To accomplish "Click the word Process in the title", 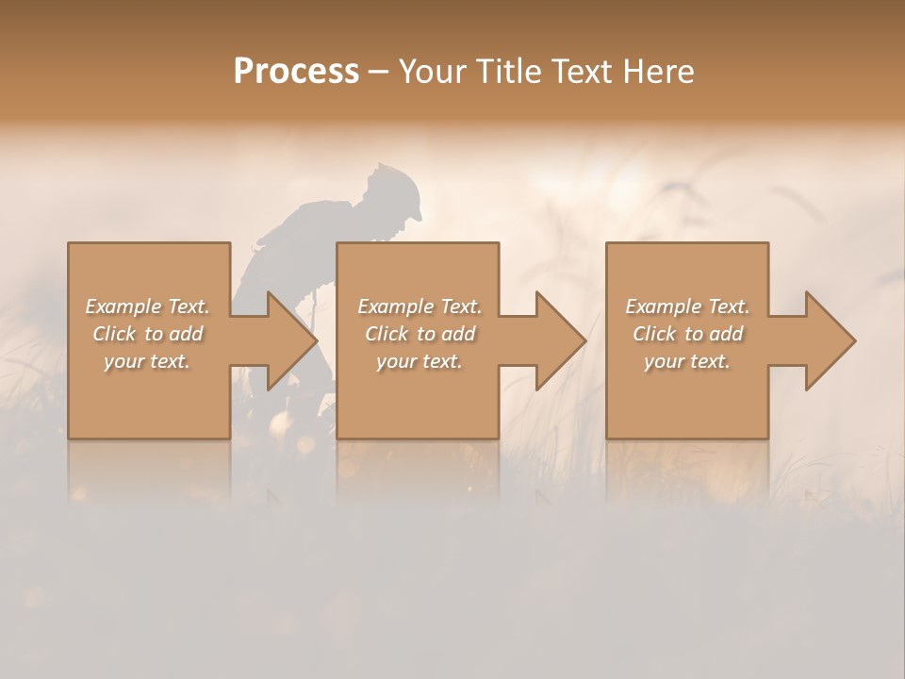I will click(296, 72).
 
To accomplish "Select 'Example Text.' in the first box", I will click(147, 306).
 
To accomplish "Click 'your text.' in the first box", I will click(147, 361).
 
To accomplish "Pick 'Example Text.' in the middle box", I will click(420, 306).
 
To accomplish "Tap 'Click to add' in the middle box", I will click(420, 334).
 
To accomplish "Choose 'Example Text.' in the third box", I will click(687, 306).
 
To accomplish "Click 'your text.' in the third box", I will click(687, 361).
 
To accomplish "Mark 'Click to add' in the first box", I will click(147, 334).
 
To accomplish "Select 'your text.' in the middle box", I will click(420, 361).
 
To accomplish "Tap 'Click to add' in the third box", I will click(687, 334).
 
